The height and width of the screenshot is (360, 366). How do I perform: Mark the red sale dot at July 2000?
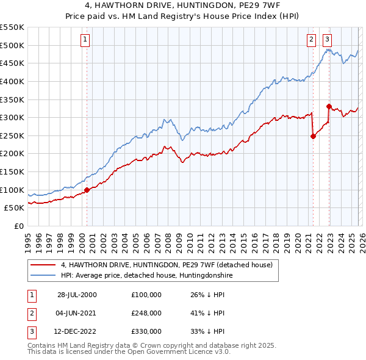87,190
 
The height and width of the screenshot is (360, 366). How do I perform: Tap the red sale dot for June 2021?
313,136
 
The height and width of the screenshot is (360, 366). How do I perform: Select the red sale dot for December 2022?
329,106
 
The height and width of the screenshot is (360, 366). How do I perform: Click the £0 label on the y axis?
18,226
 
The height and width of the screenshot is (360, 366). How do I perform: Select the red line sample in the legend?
43,265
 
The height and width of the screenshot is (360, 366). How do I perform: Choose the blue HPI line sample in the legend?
43,275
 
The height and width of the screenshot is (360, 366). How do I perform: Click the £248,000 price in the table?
146,313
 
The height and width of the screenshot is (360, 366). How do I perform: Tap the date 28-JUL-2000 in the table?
77,295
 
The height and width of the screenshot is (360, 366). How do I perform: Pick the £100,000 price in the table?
146,295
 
